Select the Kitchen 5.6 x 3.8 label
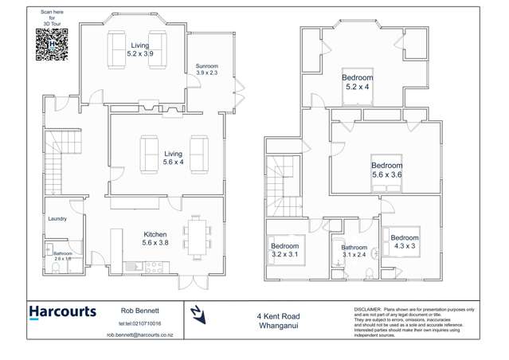(x=155, y=238)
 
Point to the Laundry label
(x=57, y=218)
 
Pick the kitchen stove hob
(x=154, y=266)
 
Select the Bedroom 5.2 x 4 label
(x=358, y=82)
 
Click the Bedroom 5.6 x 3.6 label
(x=387, y=170)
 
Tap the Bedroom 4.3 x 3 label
(x=404, y=241)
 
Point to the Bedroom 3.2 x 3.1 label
(x=284, y=250)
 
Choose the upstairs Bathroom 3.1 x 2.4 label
(x=354, y=251)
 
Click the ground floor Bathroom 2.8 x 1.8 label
(x=63, y=256)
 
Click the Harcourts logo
(x=62, y=313)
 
